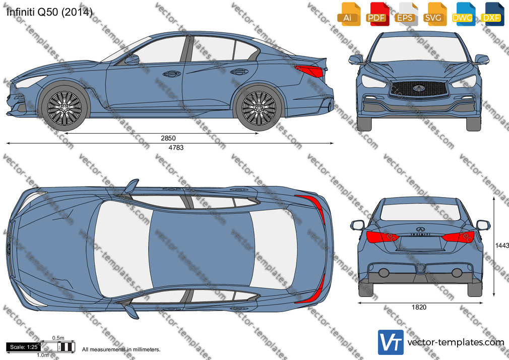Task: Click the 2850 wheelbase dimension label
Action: tap(168, 138)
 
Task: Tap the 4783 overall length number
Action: tap(176, 148)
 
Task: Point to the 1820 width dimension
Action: tap(419, 307)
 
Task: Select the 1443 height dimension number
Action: tap(502, 246)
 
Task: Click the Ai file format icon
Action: tap(349, 14)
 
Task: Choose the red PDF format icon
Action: tap(377, 14)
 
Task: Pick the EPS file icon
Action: tap(406, 14)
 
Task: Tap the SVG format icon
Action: tap(434, 14)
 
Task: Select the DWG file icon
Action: tap(463, 14)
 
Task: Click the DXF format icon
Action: tap(492, 14)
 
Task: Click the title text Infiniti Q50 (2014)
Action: tap(49, 12)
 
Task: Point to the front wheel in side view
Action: tap(65, 108)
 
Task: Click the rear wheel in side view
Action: tap(259, 108)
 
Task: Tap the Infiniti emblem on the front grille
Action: tap(419, 88)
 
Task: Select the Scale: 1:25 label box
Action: tap(23, 347)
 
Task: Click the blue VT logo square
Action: tap(391, 342)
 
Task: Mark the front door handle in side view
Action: tap(172, 74)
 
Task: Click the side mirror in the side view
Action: tap(132, 60)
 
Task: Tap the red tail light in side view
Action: tap(309, 71)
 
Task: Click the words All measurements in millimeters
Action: tap(121, 349)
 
